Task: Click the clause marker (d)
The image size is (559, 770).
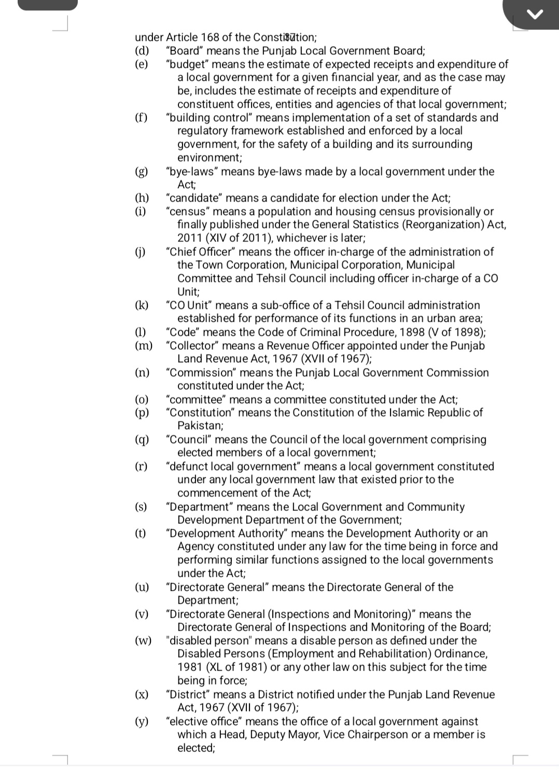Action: pyautogui.click(x=142, y=51)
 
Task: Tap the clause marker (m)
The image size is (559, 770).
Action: pyautogui.click(x=144, y=346)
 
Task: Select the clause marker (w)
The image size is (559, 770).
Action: pyautogui.click(x=143, y=640)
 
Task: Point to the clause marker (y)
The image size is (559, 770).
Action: pyautogui.click(x=142, y=721)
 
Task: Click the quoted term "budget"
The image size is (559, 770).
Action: pyautogui.click(x=187, y=64)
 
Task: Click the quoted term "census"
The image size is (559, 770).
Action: pyautogui.click(x=187, y=211)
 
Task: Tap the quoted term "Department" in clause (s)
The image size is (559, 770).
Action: pyautogui.click(x=200, y=507)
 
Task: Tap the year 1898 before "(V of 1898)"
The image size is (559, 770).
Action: pyautogui.click(x=414, y=332)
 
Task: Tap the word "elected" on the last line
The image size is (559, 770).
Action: pyautogui.click(x=195, y=748)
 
